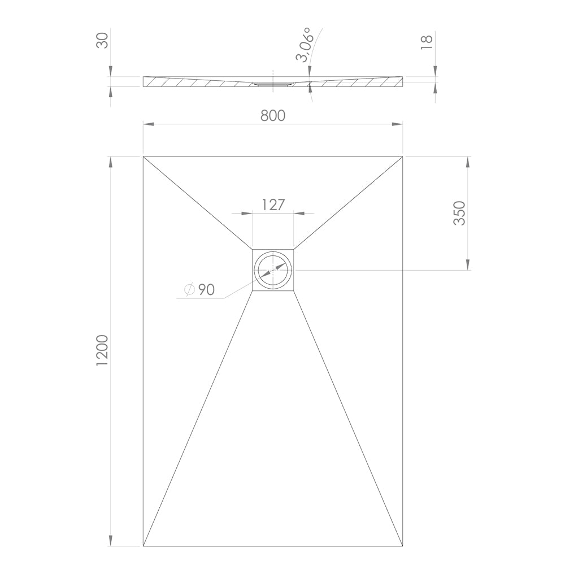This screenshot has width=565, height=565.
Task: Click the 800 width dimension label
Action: (x=273, y=115)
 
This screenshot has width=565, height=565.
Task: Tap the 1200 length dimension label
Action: (x=102, y=351)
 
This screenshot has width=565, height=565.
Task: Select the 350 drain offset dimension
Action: (x=459, y=214)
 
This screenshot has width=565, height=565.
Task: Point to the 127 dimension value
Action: (x=273, y=205)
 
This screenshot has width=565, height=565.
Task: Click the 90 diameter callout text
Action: (x=206, y=289)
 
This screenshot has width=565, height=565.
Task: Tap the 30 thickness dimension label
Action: (x=102, y=40)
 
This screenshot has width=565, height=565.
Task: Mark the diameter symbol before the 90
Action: (x=189, y=289)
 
